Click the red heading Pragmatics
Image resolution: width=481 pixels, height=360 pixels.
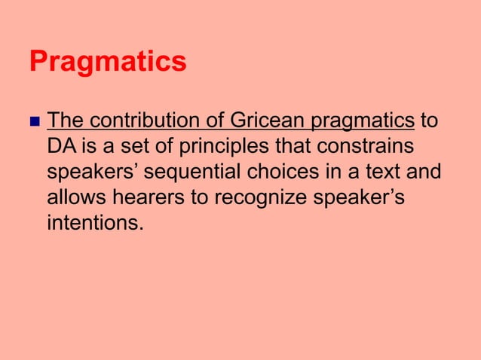click(108, 63)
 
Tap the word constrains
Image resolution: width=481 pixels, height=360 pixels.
click(369, 147)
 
